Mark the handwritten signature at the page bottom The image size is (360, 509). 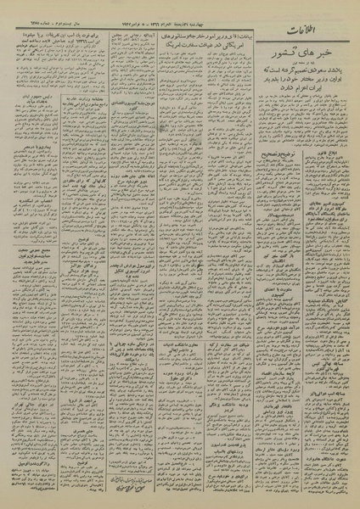point(140,496)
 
